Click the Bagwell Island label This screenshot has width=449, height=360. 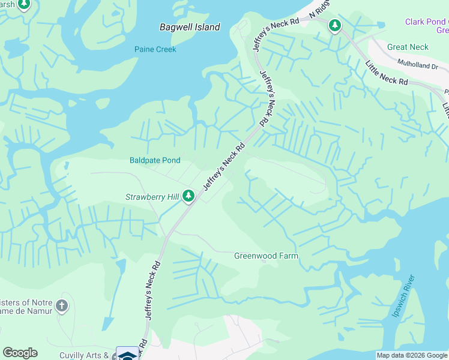[190, 27]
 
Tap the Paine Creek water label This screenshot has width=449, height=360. [155, 49]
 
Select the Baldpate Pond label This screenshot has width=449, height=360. [155, 160]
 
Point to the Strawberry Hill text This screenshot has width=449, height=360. [152, 197]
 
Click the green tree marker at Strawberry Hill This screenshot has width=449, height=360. [188, 196]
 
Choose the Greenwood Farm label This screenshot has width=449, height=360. [266, 256]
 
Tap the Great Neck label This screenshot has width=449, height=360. [408, 47]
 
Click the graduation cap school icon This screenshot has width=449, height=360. [127, 355]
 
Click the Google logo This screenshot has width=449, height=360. [20, 353]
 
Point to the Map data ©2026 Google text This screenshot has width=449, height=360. [412, 355]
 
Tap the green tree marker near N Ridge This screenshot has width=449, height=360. [334, 26]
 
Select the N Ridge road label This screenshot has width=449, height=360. [320, 8]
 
